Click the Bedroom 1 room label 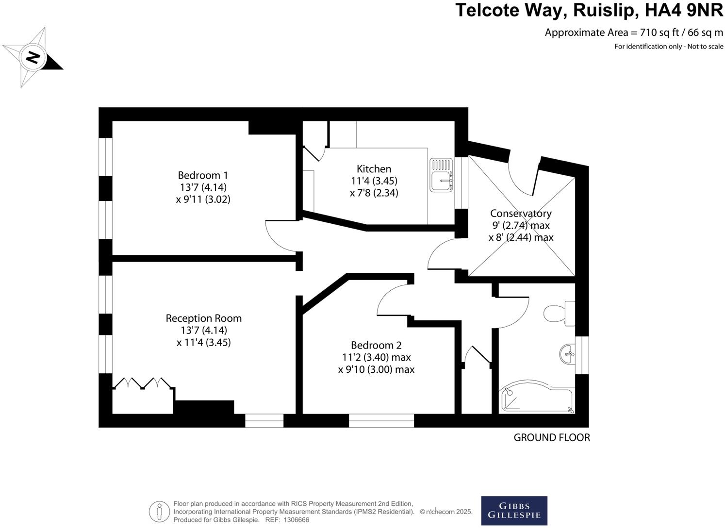202,175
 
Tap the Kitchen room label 374,169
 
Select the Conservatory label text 521,214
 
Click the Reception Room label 203,318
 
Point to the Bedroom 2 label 376,346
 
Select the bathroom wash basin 567,354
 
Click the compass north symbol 33,57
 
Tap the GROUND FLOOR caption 552,438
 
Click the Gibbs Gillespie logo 514,510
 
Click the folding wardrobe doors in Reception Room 143,383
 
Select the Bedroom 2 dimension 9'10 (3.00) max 376,369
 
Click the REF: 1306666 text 286,520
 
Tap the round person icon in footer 159,512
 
